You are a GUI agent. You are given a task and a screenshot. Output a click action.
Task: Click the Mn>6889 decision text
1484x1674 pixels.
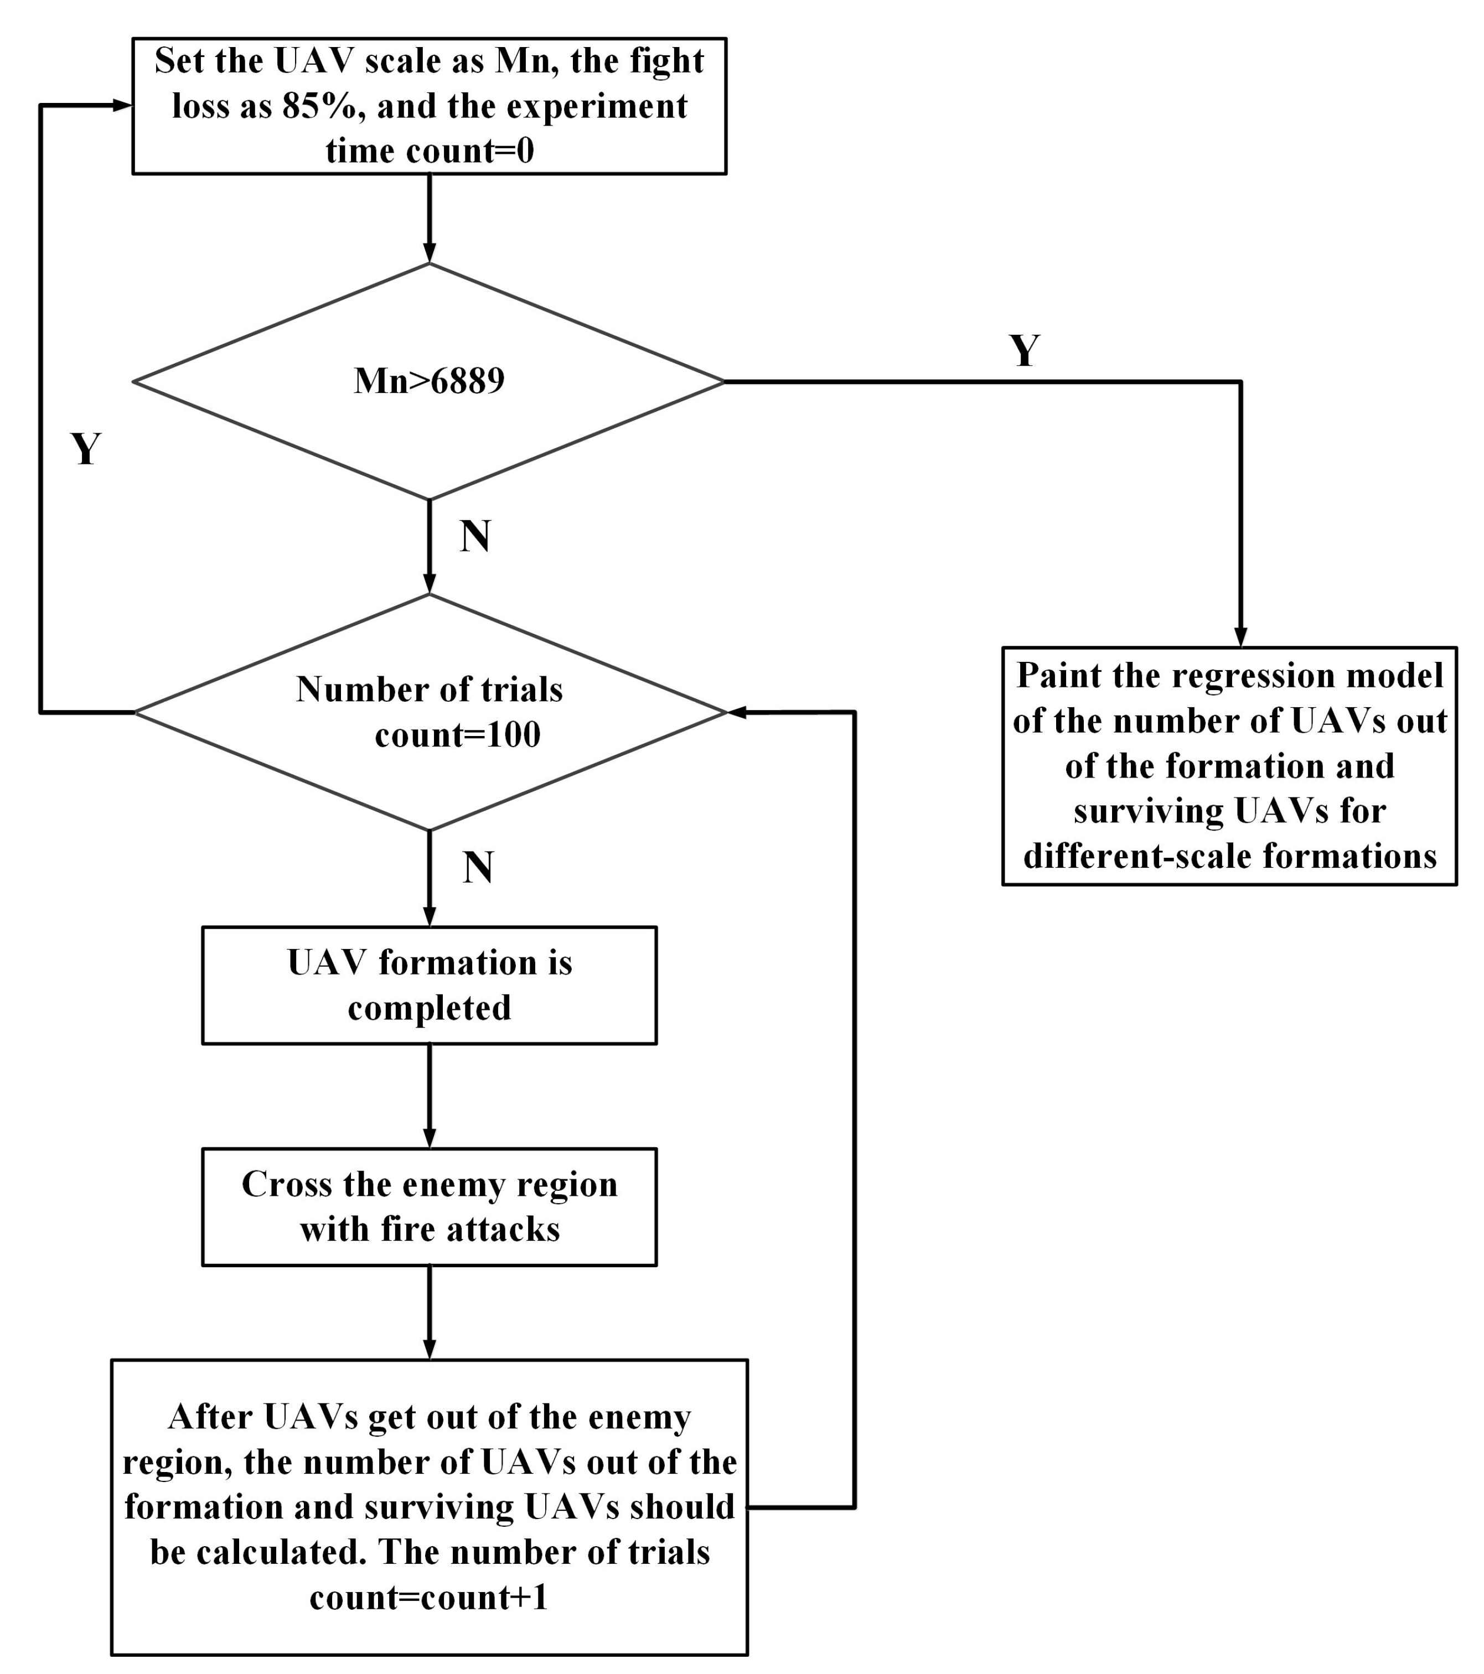pos(429,381)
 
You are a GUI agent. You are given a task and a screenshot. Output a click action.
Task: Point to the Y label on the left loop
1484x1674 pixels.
pos(86,449)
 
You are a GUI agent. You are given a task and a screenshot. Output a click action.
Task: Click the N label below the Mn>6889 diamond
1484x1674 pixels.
pos(475,536)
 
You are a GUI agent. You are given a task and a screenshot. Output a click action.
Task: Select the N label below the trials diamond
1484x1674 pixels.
pos(478,867)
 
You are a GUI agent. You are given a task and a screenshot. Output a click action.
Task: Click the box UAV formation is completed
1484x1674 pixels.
pos(429,984)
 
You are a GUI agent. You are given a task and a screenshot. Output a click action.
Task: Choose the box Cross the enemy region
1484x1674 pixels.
pos(429,1206)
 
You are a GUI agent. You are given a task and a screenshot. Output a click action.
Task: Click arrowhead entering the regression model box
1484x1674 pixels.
pos(1241,637)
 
